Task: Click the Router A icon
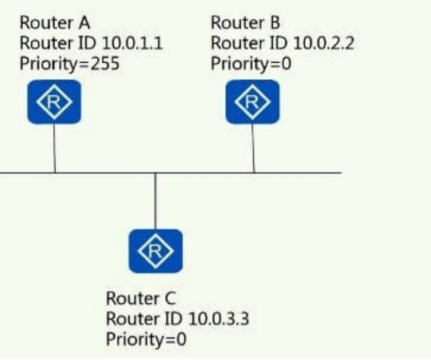coord(54,102)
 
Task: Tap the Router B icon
coord(252,102)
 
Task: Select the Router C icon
coord(156,251)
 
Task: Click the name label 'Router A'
coord(55,23)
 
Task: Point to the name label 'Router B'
coord(246,23)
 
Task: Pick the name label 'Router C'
coord(141,298)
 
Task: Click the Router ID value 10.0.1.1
coord(132,43)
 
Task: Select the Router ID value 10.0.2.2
coord(324,43)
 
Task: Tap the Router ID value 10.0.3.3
coord(219,319)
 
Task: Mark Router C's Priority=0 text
coord(146,340)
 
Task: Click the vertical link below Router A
coord(55,148)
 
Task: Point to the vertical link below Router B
coord(253,148)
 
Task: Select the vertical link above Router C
coord(156,201)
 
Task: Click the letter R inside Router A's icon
coord(54,102)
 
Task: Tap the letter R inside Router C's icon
coord(155,251)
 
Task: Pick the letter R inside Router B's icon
coord(252,102)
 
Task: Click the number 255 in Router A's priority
coord(105,64)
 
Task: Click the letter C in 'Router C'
coord(170,298)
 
